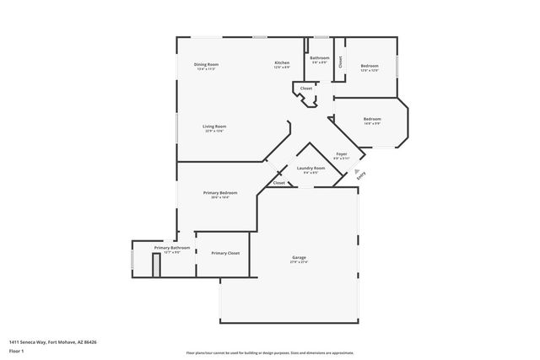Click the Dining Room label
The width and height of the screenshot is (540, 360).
pos(207,64)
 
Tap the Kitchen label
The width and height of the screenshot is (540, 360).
pos(283,64)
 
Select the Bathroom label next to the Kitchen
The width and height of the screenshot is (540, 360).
pos(320,57)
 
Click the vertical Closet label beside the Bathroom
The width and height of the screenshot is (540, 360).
pos(340,61)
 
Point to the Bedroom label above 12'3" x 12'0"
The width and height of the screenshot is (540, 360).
pos(370,65)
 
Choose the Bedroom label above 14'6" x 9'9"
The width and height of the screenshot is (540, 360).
pos(372,119)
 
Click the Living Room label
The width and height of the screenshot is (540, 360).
pos(214,126)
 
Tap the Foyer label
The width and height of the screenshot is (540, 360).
pos(342,153)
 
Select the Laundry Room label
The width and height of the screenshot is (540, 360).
pos(310,168)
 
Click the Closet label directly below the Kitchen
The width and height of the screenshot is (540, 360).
pos(306,88)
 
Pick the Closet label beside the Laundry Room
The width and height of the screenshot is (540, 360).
pos(278,182)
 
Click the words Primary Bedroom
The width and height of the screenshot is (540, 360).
pos(220,193)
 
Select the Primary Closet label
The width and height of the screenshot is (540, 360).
pos(225,253)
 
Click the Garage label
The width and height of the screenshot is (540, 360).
pos(299,258)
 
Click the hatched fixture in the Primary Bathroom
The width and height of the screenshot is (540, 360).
pos(156,264)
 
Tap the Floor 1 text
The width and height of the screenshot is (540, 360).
pos(15,350)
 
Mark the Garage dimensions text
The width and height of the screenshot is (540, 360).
pos(299,262)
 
